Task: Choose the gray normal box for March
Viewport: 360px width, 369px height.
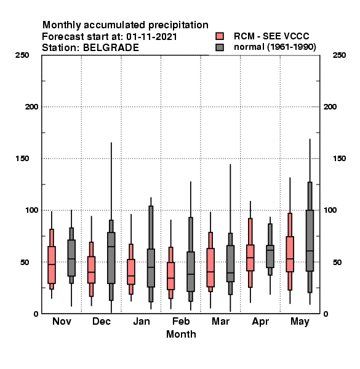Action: click(x=230, y=263)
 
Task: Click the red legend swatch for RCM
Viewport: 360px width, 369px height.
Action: click(x=220, y=36)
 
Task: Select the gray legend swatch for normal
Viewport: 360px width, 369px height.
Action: click(x=220, y=47)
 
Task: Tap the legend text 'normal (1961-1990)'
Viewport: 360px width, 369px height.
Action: click(x=275, y=47)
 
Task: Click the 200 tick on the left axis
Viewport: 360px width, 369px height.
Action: click(x=31, y=107)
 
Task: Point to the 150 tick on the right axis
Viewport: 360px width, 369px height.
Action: click(x=339, y=159)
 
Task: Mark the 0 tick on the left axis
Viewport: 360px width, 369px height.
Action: click(x=36, y=314)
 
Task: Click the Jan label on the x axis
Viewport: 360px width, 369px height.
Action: click(x=142, y=321)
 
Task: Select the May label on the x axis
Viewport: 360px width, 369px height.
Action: click(x=300, y=322)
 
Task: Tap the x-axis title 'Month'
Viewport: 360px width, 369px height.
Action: click(x=181, y=334)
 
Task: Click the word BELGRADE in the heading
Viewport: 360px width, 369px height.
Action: click(x=111, y=48)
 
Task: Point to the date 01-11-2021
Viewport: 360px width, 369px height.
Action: click(x=151, y=37)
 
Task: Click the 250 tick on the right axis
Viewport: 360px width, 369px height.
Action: click(x=339, y=55)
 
